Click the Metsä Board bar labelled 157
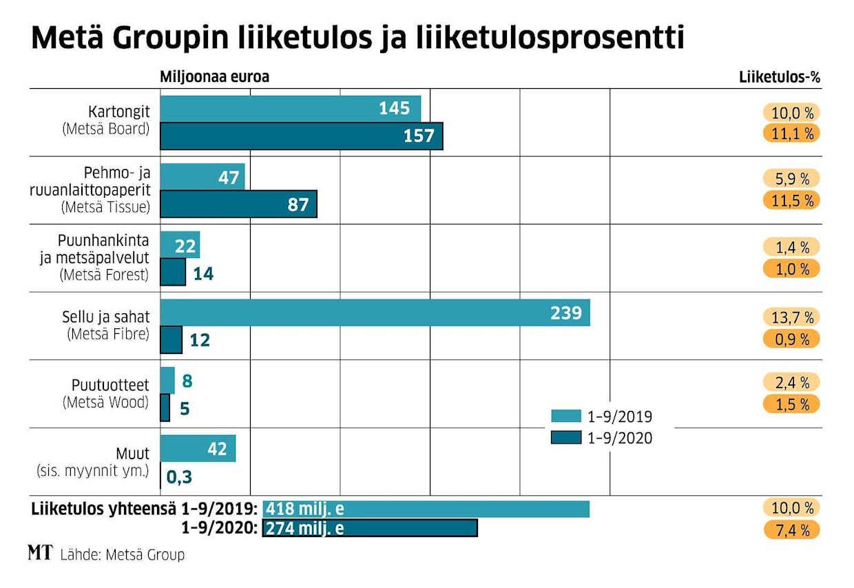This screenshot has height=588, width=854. click(301, 136)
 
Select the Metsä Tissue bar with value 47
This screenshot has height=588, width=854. click(202, 177)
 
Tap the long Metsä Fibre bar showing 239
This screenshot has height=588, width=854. click(375, 313)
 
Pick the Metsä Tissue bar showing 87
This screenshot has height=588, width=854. click(238, 204)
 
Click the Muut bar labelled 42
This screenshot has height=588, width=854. click(198, 449)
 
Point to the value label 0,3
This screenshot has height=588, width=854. click(179, 476)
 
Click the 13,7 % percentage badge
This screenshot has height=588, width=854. click(791, 317)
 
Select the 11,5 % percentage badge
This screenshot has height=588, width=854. click(791, 200)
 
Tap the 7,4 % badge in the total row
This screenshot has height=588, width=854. click(791, 529)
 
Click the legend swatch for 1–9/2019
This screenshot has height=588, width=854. click(565, 416)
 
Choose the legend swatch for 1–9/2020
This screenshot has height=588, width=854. click(565, 437)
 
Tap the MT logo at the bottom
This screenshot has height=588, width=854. click(40, 552)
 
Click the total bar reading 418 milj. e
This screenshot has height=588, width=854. click(426, 509)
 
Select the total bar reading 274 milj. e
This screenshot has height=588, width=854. click(370, 528)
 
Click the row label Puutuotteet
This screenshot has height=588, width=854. click(110, 386)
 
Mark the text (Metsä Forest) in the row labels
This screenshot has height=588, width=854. click(105, 275)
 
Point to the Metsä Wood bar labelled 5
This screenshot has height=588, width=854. click(165, 408)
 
